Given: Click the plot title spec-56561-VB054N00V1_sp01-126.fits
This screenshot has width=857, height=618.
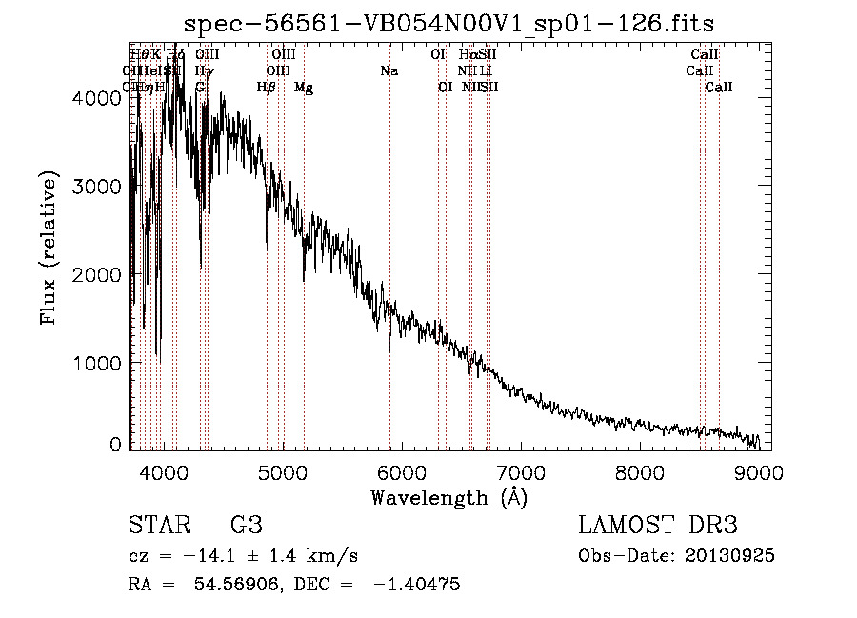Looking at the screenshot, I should tap(448, 22).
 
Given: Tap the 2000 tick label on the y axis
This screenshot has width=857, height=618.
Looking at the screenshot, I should tap(101, 275).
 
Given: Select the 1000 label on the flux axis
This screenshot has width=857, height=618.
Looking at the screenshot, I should tap(101, 364).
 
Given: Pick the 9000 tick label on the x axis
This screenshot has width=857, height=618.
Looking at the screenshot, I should tap(759, 470).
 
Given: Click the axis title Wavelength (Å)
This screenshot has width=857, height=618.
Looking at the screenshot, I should tap(448, 497).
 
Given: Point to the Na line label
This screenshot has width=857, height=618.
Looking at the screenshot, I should tap(389, 71).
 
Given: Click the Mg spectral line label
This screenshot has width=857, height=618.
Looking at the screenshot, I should tap(304, 88).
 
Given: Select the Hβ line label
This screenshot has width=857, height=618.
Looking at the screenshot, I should tap(267, 88).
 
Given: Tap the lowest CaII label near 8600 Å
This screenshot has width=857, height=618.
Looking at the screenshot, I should tap(719, 88).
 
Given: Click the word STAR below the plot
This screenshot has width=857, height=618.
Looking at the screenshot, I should tap(158, 525).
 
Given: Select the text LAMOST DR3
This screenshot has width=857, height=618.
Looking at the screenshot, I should tap(658, 525).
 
